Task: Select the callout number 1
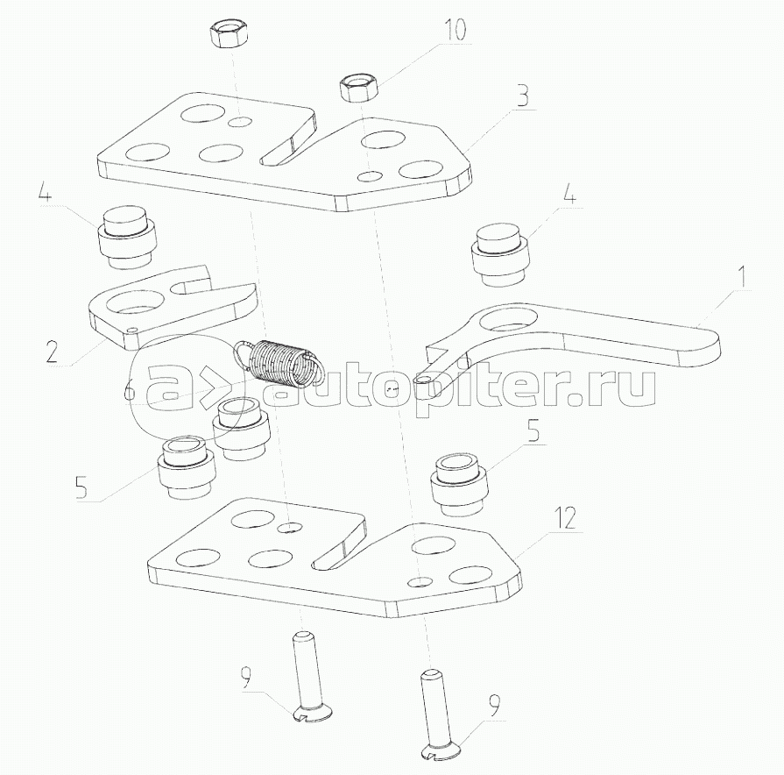pos(743,278)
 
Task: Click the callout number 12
pos(564,518)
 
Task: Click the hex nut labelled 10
pos(359,88)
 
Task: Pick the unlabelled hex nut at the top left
pos(228,36)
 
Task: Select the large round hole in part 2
pos(136,303)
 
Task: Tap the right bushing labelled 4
pos(501,254)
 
